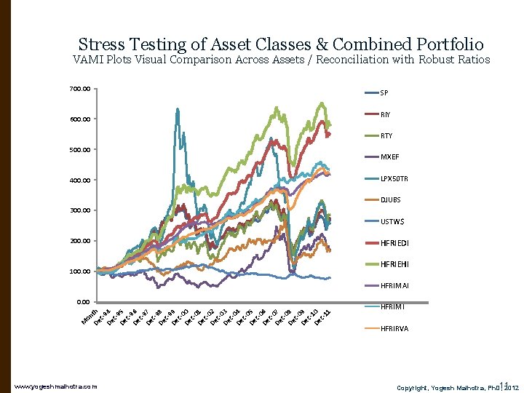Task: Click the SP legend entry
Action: [384, 93]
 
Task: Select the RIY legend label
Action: [385, 114]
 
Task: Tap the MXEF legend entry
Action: [389, 156]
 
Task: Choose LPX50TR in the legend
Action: [394, 178]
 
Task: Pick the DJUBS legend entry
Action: [390, 199]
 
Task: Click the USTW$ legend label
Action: [392, 221]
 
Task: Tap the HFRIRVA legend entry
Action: [394, 328]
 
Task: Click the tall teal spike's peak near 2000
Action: [178, 110]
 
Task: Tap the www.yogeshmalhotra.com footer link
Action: [55, 385]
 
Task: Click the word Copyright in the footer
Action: [415, 385]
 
